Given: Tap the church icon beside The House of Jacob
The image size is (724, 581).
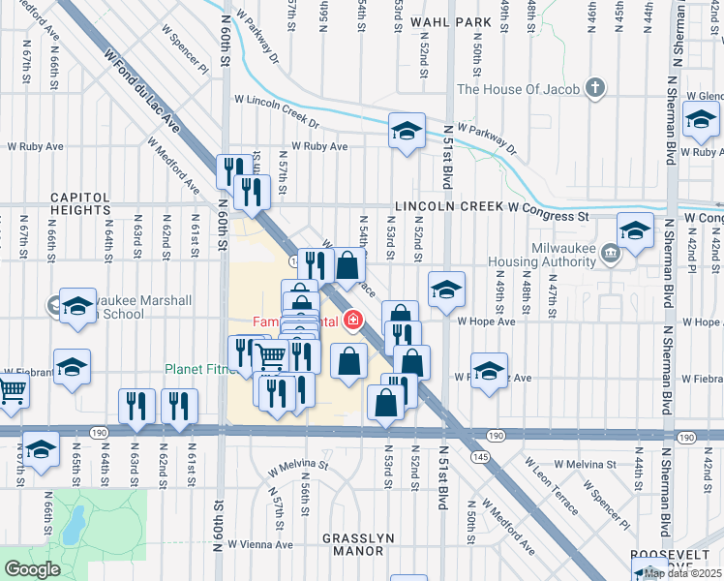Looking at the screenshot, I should coord(595,89).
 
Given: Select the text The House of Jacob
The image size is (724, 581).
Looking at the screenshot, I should coord(518,90).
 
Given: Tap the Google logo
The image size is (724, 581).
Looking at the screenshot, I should coord(32,569).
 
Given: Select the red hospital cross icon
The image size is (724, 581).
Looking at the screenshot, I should coord(355,321).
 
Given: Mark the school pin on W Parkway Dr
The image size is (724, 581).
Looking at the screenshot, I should coord(407,132).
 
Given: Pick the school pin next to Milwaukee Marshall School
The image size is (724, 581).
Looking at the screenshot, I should coord(76,307).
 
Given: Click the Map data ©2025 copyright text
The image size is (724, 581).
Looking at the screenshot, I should coord(682,573).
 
